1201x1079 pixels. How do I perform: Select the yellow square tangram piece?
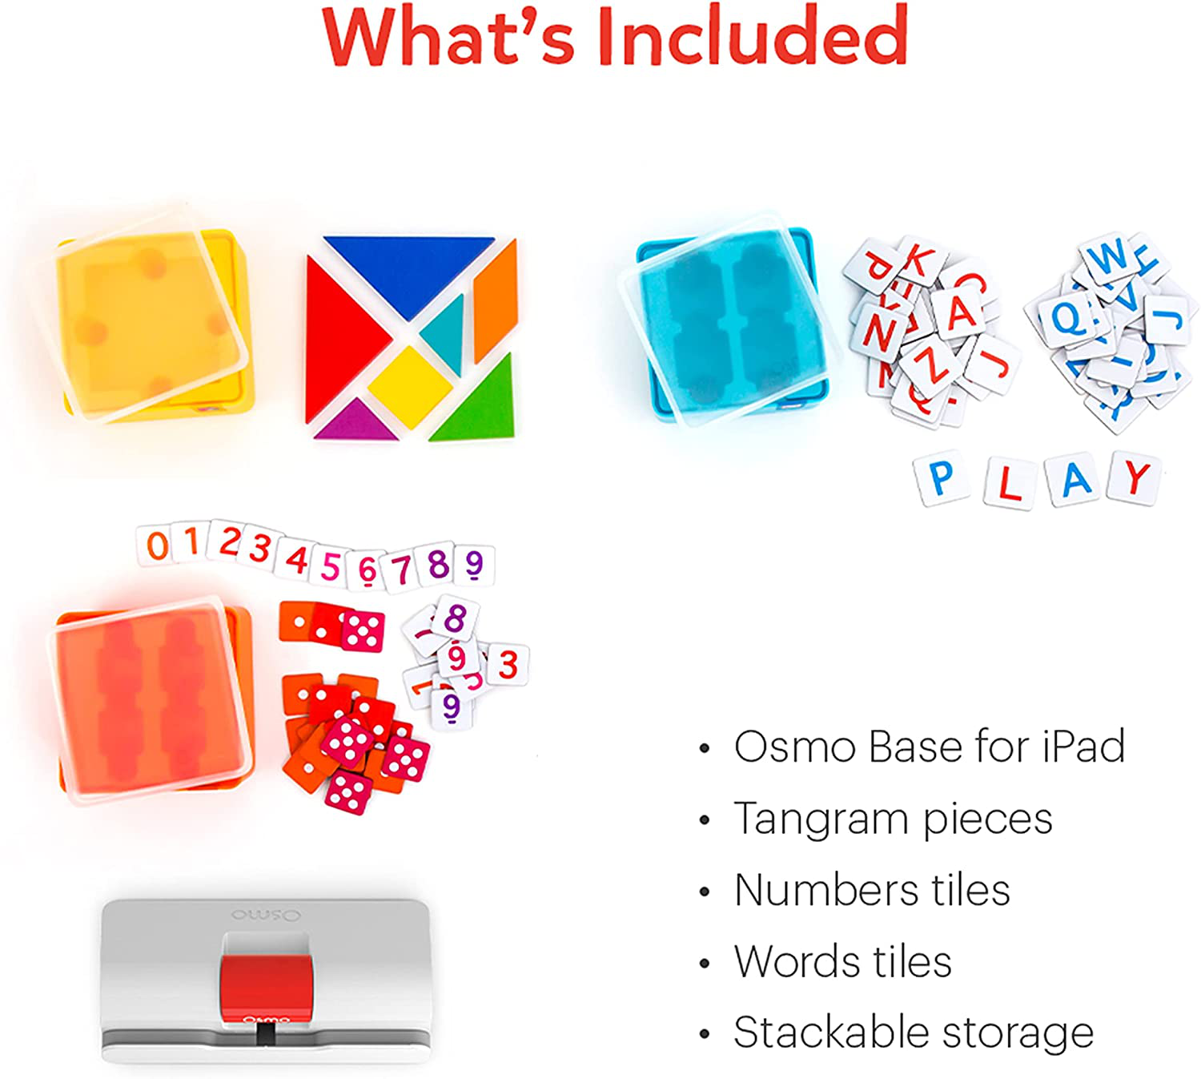410,384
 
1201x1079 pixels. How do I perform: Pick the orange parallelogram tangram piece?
495,300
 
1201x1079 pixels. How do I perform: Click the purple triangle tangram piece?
355,422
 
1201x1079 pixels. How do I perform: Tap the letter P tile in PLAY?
942,479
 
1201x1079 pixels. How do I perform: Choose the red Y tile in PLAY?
1135,478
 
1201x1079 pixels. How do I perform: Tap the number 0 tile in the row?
157,546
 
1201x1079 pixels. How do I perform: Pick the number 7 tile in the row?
401,570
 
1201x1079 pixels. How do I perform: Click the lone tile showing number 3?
508,665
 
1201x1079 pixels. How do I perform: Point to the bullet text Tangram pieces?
893,819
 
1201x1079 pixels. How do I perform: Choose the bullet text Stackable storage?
913,1033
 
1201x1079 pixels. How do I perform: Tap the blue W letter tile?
1110,258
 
